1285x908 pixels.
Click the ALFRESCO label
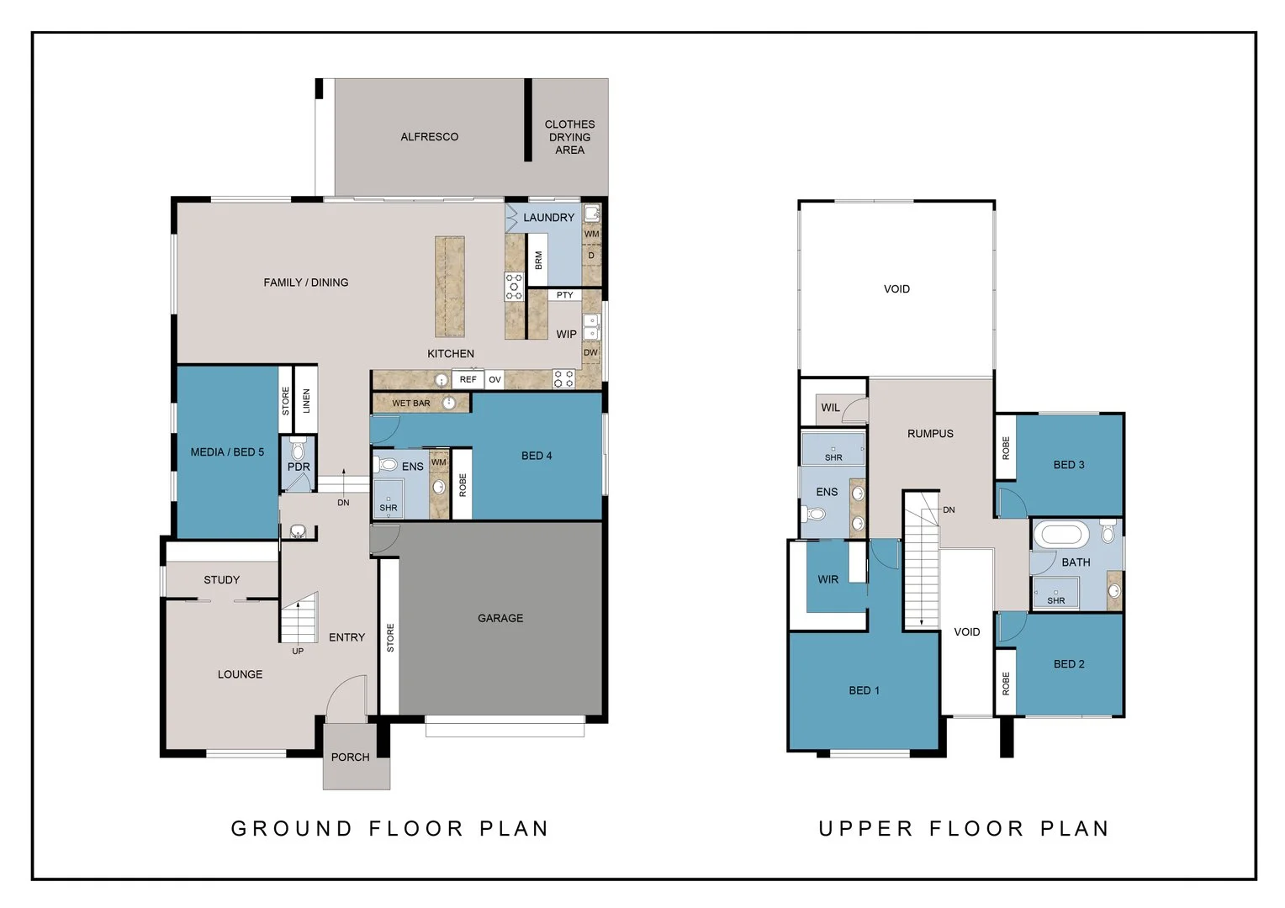(429, 136)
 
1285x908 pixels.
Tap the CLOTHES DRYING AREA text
(569, 137)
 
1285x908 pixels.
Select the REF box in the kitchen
(468, 379)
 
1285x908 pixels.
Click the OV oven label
(495, 380)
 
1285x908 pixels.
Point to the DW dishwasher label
(590, 352)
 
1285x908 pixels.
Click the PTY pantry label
(564, 295)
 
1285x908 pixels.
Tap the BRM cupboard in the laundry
(537, 260)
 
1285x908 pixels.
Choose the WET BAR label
(410, 404)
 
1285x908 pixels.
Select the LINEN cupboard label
(306, 400)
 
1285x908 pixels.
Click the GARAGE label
(500, 618)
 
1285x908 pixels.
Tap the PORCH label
(350, 758)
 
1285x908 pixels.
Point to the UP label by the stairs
(298, 651)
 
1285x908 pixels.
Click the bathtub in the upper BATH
(1061, 535)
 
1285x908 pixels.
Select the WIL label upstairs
(830, 408)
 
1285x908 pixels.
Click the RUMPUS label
(930, 434)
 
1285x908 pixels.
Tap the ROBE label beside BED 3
(1006, 448)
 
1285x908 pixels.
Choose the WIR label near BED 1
(828, 579)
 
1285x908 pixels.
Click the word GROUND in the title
(292, 829)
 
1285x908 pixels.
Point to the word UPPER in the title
(865, 829)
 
